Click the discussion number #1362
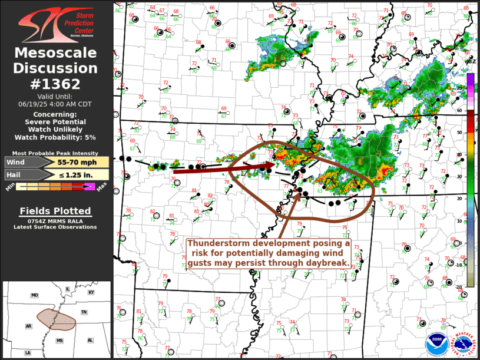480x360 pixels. tap(57, 84)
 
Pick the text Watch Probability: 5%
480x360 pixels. tap(56, 137)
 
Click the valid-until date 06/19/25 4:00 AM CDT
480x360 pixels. tap(56, 103)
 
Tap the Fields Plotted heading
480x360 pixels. tap(55, 211)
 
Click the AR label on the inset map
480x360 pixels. tap(28, 325)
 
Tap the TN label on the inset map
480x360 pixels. tap(84, 312)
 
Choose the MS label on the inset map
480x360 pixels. tap(59, 341)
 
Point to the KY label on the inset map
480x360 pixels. tap(91, 292)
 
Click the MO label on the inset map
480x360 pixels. tap(35, 295)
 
